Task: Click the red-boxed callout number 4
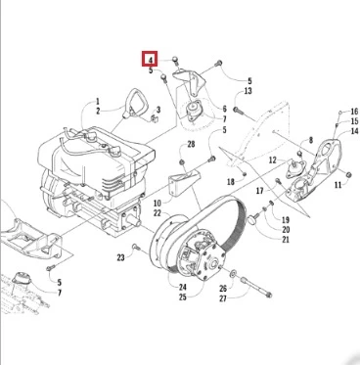(151, 60)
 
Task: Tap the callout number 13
(247, 91)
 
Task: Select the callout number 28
(191, 144)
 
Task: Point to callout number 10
(157, 204)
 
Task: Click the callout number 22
(157, 213)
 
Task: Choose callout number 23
(120, 257)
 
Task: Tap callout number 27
(223, 298)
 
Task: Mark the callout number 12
(273, 160)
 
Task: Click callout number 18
(231, 182)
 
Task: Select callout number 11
(337, 185)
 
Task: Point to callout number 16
(354, 112)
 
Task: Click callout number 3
(158, 110)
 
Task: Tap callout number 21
(286, 240)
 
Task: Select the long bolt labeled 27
(256, 288)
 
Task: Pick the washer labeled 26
(233, 273)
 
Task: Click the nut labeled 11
(348, 174)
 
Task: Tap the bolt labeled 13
(239, 111)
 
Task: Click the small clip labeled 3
(155, 117)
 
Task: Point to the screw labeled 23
(136, 247)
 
